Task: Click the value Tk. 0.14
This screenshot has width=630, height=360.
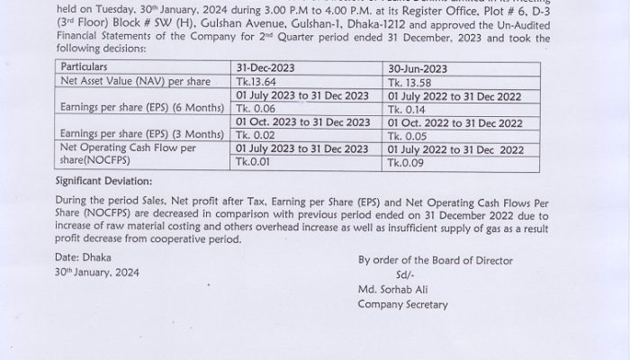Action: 405,107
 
